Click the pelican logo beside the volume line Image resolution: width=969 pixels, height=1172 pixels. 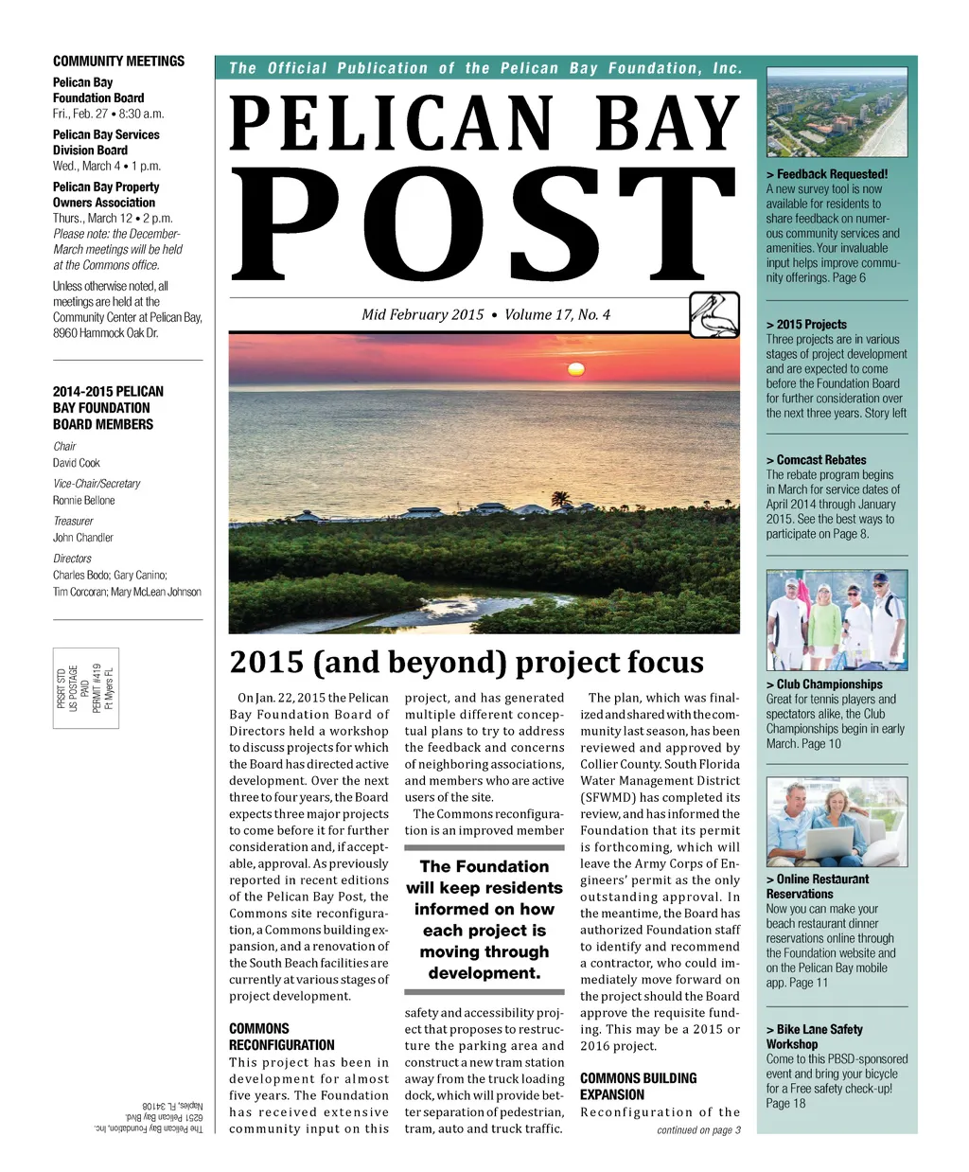click(x=714, y=315)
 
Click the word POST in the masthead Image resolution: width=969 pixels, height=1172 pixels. click(x=484, y=228)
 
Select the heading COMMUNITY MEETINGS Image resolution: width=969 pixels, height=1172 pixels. click(x=118, y=62)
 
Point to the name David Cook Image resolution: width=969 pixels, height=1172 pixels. click(x=77, y=463)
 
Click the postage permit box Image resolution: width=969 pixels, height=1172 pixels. click(x=86, y=688)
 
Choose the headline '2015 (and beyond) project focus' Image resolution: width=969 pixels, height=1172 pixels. click(x=467, y=662)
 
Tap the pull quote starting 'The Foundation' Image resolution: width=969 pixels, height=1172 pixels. click(x=484, y=919)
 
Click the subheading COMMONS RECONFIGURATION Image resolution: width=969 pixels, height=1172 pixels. click(x=281, y=1037)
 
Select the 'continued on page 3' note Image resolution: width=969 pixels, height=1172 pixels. click(x=698, y=1129)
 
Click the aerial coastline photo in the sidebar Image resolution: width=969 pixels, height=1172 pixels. click(x=836, y=113)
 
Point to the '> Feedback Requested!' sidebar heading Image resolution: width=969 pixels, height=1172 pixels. click(x=827, y=174)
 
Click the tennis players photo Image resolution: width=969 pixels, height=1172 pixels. click(x=837, y=619)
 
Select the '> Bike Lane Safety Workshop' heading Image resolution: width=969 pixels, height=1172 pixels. click(x=814, y=1037)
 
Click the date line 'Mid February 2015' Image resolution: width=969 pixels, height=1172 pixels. click(x=423, y=314)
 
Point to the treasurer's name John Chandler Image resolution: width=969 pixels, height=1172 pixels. click(x=83, y=538)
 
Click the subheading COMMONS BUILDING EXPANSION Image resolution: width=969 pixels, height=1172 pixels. click(x=638, y=1086)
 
